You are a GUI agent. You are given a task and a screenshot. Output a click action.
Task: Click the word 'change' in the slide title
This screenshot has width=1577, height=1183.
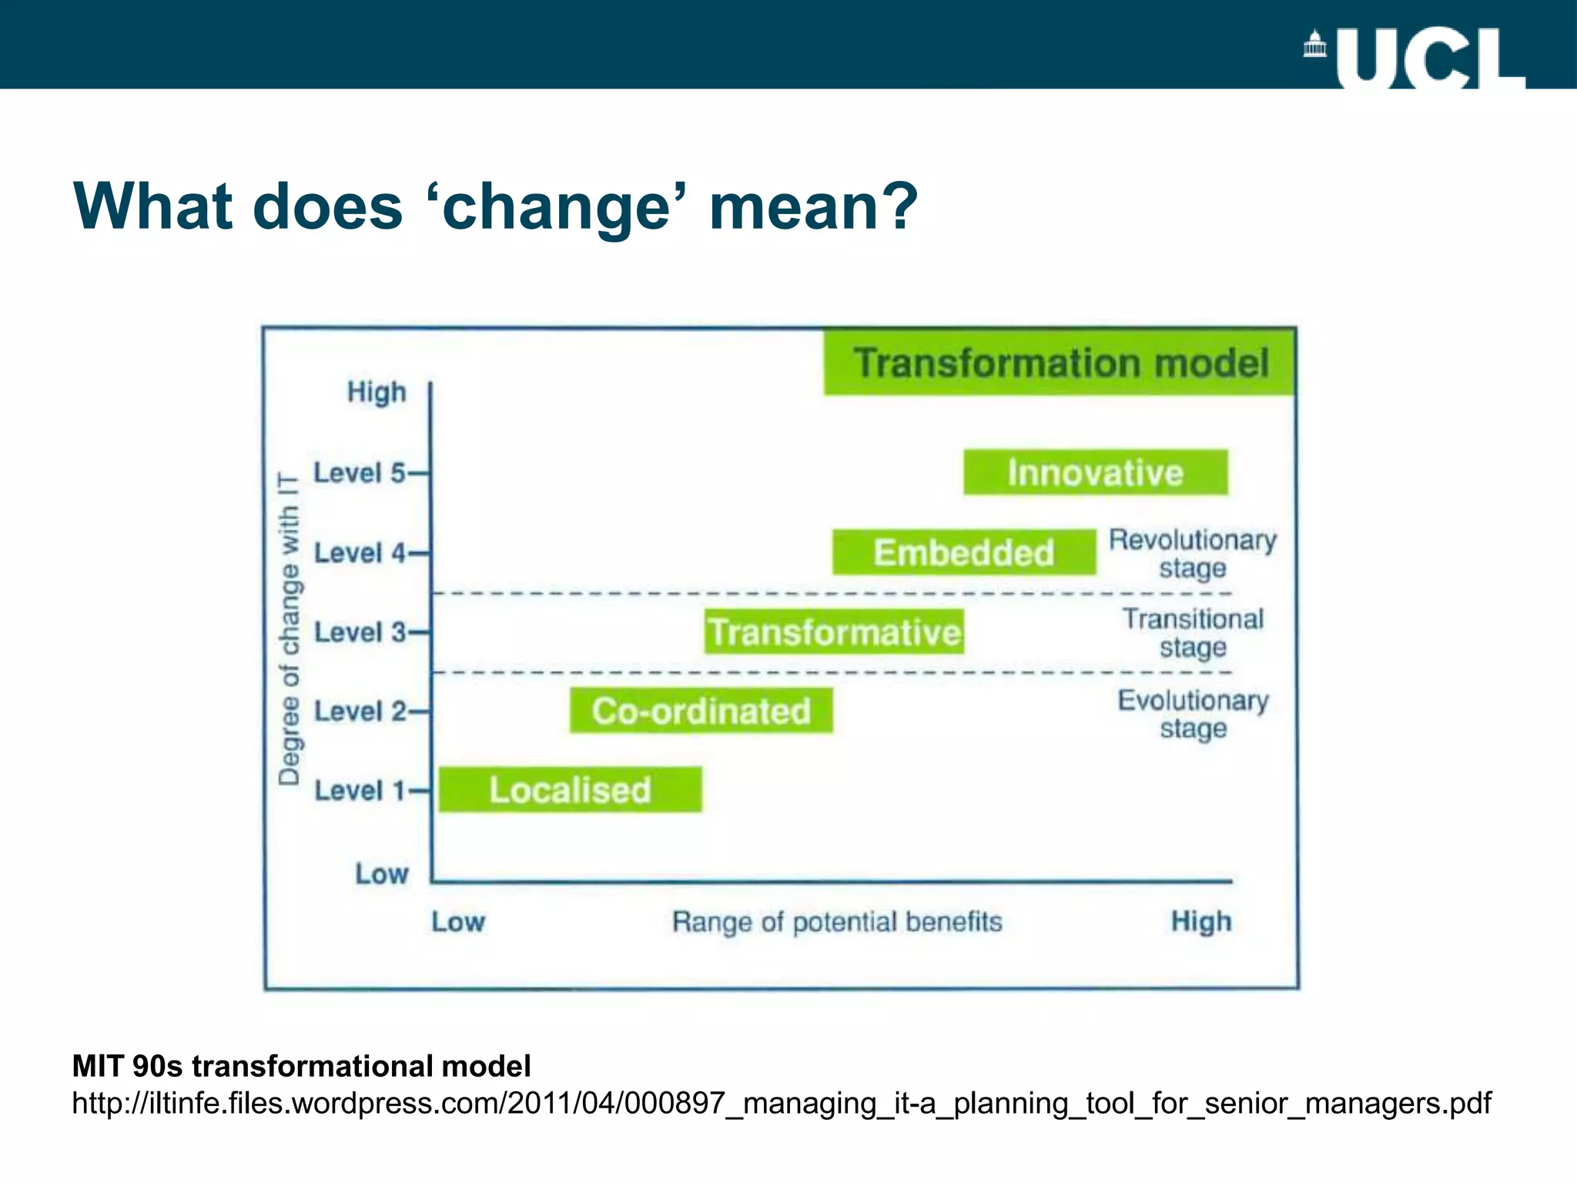click(557, 207)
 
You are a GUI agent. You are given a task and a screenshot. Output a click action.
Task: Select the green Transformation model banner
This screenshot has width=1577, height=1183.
click(1060, 363)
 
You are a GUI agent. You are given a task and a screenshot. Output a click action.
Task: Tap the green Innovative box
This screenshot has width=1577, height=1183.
click(1095, 472)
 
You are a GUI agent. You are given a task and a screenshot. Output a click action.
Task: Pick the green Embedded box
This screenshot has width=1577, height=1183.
click(963, 552)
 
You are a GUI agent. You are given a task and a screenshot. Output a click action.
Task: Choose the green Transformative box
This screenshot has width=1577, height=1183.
click(834, 632)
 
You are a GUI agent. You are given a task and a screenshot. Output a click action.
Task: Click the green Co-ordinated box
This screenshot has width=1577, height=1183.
click(701, 710)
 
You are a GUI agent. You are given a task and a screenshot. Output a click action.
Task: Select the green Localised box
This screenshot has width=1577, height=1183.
click(570, 789)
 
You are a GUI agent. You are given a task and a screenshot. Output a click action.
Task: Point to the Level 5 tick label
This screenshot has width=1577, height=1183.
click(360, 472)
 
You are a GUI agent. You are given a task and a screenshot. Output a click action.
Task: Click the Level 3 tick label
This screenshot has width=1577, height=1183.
click(360, 632)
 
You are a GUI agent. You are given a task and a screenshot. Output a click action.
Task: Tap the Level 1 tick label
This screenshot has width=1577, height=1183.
click(360, 789)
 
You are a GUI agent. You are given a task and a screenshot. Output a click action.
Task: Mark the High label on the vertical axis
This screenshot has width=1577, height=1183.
click(377, 391)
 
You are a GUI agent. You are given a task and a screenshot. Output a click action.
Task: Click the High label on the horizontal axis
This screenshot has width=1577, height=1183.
click(1200, 920)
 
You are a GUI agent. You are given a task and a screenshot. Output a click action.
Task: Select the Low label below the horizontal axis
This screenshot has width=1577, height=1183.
click(458, 921)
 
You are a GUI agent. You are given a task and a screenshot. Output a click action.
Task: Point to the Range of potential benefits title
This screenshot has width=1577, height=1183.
click(837, 921)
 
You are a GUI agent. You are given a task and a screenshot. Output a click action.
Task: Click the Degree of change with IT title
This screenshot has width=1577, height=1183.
click(290, 628)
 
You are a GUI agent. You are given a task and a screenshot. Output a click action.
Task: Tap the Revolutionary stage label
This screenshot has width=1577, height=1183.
click(1192, 553)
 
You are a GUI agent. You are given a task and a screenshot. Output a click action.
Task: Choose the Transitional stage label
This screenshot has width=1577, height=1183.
click(1193, 632)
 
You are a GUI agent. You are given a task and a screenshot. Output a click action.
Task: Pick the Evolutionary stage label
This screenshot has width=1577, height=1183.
click(1193, 713)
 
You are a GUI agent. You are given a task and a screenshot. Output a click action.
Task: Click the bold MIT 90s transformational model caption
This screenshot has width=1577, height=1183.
click(301, 1066)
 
